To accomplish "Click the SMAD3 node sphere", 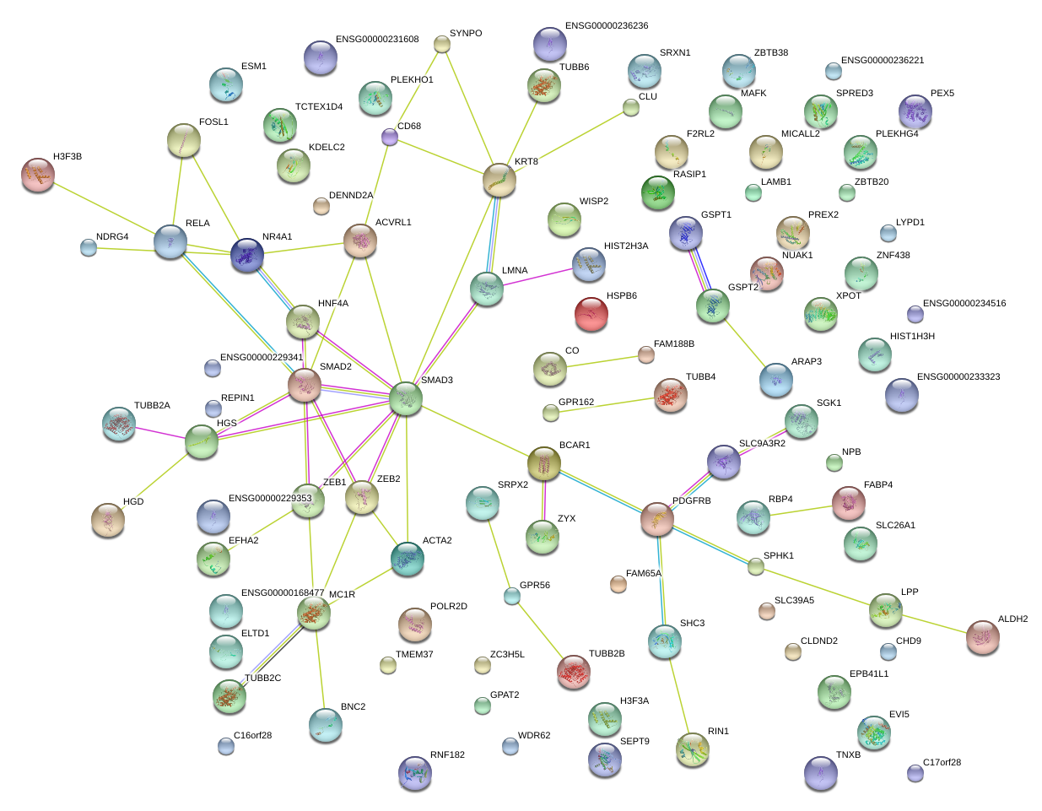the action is pos(406,398).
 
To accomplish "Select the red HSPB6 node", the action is pos(591,314).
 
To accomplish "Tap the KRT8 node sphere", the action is pos(499,180).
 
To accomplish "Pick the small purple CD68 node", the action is pos(389,138).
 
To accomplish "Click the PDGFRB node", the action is pos(657,519).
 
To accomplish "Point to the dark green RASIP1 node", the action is pos(658,192).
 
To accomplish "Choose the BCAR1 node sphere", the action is pos(543,463).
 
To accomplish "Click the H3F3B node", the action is pos(38,175).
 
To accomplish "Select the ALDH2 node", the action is pos(983,637).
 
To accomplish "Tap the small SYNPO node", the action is pos(441,44).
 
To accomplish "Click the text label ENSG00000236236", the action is pos(607,25).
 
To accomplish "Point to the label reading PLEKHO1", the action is pos(412,79).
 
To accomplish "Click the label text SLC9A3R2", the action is pos(762,443).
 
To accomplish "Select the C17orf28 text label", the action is pos(942,762).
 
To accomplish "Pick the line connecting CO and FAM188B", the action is pos(602,362).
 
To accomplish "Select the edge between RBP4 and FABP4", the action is pos(801,511).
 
